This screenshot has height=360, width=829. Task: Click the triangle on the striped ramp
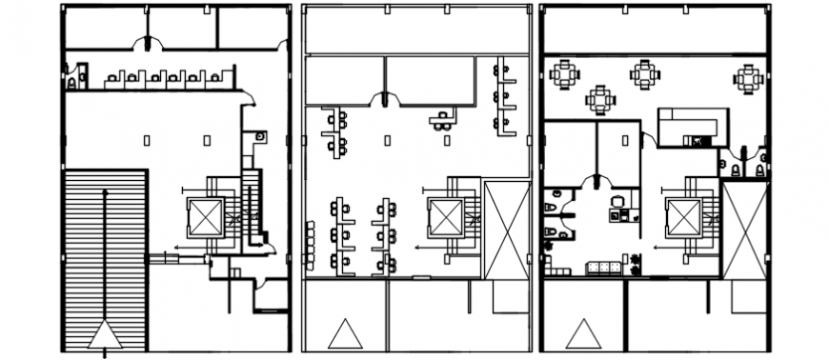[104, 334]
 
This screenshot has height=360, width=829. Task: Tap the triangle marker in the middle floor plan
[343, 334]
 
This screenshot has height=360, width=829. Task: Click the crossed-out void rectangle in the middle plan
[507, 230]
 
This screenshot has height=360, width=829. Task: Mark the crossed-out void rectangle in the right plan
[744, 230]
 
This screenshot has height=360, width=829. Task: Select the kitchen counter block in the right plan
[693, 126]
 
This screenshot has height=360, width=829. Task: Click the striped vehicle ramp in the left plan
[104, 257]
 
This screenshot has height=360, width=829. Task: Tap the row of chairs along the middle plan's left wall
[309, 246]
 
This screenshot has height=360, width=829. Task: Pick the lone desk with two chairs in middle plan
[442, 119]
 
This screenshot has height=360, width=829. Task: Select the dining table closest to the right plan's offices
[600, 98]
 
